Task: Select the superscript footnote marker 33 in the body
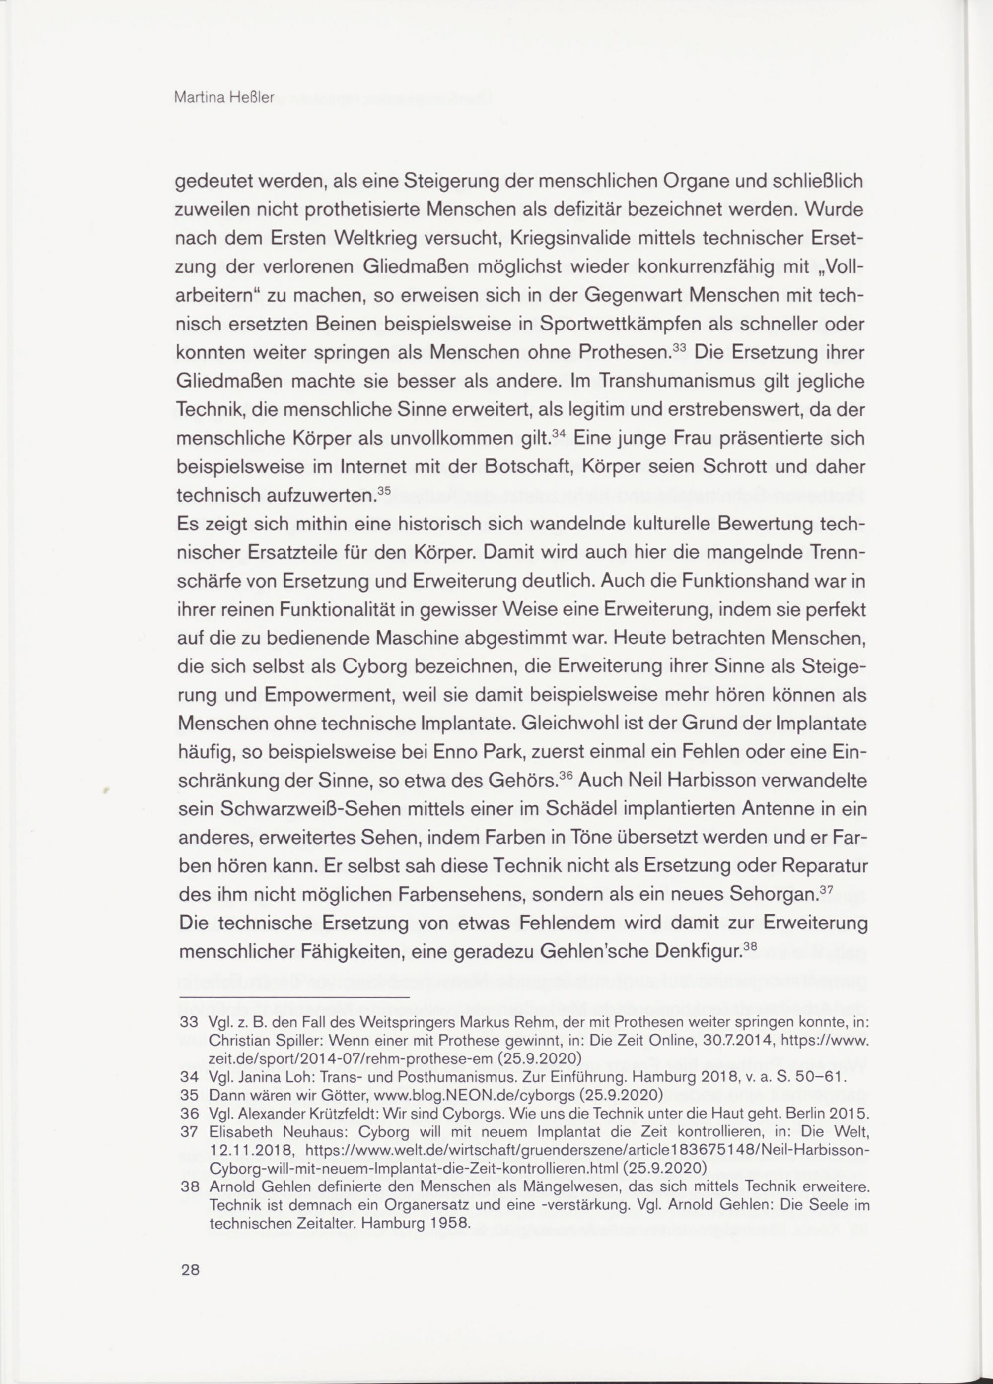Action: point(679,348)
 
